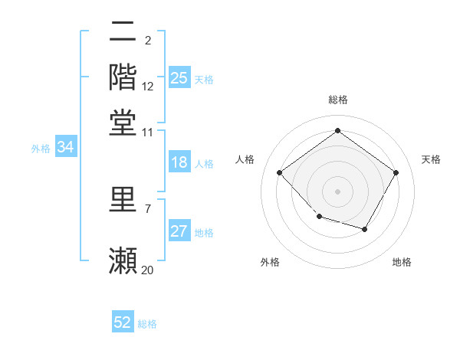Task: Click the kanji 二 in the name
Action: coord(123,31)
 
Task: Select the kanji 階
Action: coord(123,77)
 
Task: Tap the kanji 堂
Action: coord(123,123)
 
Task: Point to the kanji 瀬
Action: coord(123,260)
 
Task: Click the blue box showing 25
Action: coord(179,78)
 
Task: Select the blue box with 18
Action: coord(179,162)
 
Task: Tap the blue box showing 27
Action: coord(179,231)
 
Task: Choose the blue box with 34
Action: coord(65,148)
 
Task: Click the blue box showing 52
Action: coord(123,322)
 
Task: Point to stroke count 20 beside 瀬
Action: coord(148,270)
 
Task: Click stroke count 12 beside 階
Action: coord(148,87)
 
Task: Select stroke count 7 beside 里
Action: coord(148,208)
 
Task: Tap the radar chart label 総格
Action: coord(337,100)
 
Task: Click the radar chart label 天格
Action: coord(432,159)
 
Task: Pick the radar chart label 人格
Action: coord(245,159)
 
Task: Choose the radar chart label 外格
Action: coord(270,263)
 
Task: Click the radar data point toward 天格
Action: coord(396,172)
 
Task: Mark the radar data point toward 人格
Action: coord(280,172)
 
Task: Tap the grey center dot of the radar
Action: coord(337,191)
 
